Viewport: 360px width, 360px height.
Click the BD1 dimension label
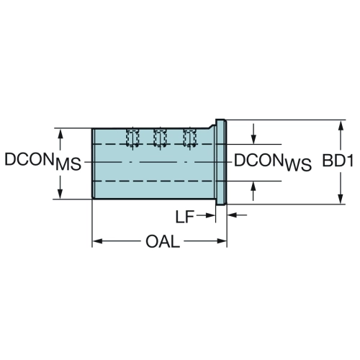338,161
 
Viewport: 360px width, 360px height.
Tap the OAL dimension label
163,241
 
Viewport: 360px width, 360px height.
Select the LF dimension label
185,217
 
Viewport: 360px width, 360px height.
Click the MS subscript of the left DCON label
68,164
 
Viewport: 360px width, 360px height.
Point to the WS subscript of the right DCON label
298,165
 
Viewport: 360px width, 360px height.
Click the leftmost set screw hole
132,138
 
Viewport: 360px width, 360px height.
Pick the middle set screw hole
160,138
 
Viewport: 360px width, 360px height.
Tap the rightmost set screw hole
189,138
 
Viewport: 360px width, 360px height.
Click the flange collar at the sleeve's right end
221,162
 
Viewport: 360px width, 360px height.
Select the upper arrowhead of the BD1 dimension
341,125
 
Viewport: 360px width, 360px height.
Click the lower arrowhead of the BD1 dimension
341,199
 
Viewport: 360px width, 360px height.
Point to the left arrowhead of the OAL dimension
98,241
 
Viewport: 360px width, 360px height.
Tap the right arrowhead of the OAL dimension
222,241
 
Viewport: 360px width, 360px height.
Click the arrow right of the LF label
206,215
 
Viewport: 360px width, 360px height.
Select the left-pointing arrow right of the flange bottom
237,215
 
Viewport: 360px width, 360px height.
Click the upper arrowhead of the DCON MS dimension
60,134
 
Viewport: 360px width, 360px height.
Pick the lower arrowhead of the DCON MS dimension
60,194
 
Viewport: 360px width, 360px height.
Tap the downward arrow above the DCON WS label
253,134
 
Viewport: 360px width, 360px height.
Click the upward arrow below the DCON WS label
253,191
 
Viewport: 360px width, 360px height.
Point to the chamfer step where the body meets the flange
212,126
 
